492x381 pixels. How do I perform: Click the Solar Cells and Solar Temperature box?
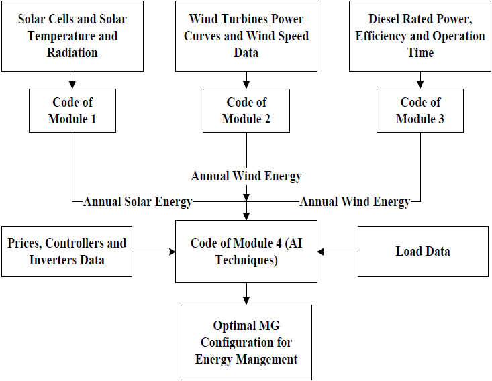[x=72, y=36]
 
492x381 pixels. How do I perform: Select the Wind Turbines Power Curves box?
[x=246, y=36]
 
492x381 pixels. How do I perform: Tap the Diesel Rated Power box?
[x=420, y=36]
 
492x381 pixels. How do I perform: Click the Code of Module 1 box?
[x=72, y=111]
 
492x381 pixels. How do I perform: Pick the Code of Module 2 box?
[x=246, y=111]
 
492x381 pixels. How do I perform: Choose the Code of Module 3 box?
[x=420, y=111]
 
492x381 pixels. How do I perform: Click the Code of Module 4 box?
[x=246, y=252]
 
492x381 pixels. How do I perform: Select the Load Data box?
[x=424, y=252]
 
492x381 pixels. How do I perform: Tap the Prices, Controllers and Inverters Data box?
[x=67, y=252]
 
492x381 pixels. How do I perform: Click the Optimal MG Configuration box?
[x=246, y=342]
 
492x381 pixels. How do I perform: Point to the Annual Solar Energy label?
[x=138, y=202]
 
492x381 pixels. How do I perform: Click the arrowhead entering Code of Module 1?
[x=72, y=85]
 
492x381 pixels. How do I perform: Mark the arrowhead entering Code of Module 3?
[x=420, y=85]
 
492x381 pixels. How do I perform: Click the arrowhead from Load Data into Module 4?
[x=321, y=252]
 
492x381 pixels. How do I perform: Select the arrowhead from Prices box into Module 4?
[x=172, y=252]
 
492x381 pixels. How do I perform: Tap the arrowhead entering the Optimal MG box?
[x=246, y=301]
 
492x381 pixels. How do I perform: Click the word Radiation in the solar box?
[x=72, y=53]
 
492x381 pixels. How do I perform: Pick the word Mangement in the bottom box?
[x=266, y=360]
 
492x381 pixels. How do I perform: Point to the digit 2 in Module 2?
[x=267, y=119]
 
